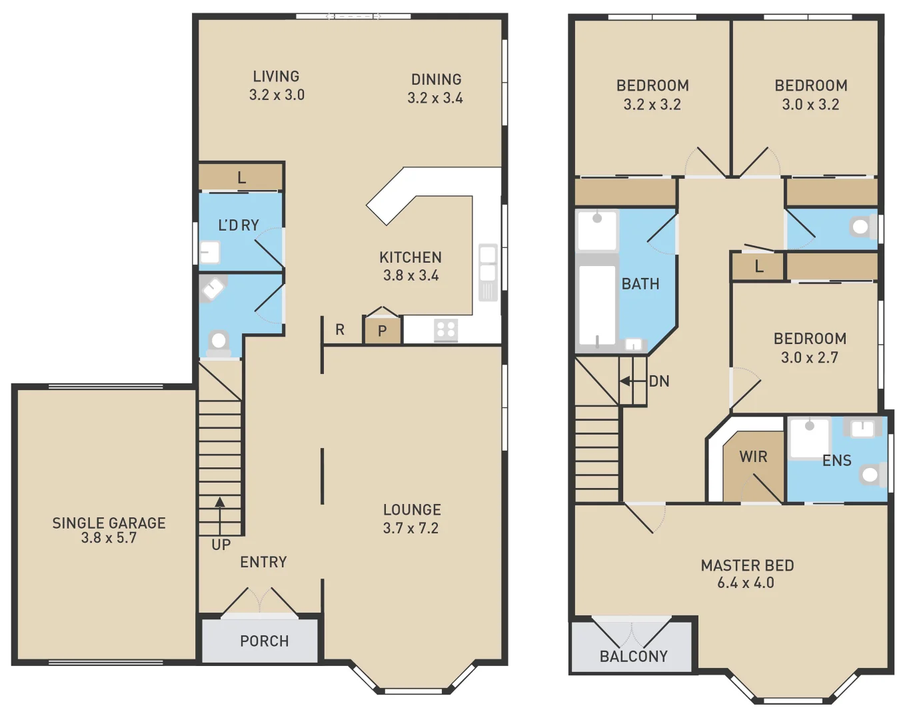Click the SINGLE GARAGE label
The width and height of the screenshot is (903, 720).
tap(109, 523)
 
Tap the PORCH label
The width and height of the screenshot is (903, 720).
tap(265, 641)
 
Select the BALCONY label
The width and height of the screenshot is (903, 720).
tap(634, 657)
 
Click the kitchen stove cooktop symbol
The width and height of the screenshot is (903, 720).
tap(445, 330)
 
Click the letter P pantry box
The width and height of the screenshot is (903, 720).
tap(383, 331)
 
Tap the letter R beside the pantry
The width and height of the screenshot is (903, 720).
tap(340, 329)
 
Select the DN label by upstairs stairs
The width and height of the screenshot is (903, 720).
tap(659, 381)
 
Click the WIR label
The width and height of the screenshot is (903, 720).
tap(753, 457)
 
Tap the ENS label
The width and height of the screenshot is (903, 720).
tap(837, 461)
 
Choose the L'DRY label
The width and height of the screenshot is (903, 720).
tap(239, 225)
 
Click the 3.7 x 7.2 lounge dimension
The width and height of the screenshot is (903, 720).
tap(411, 528)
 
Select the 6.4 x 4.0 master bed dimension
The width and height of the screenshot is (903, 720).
tap(746, 583)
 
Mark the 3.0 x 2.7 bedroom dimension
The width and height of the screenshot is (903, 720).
tap(810, 357)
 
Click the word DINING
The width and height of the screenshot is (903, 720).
tap(436, 79)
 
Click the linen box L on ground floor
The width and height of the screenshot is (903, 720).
tap(241, 177)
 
